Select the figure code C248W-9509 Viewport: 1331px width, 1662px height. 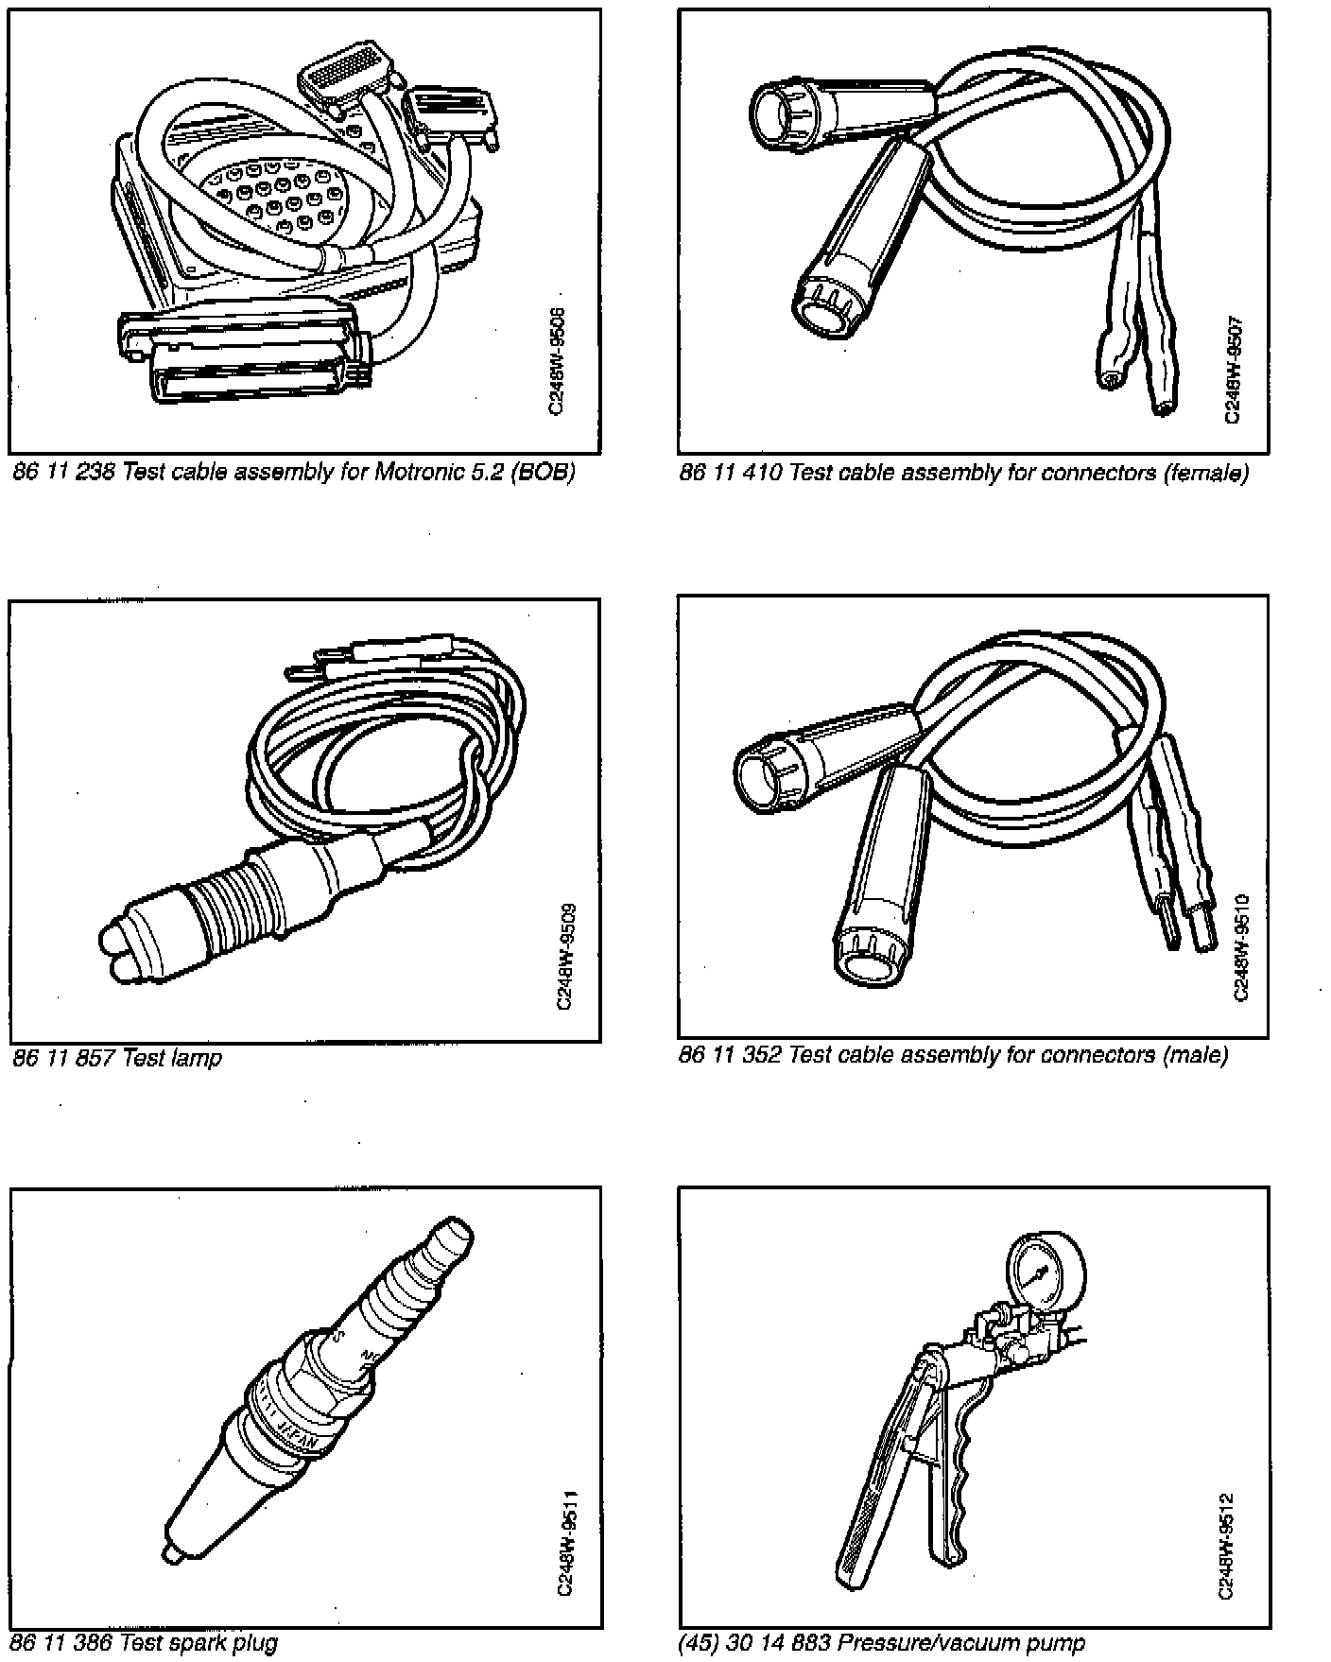565,958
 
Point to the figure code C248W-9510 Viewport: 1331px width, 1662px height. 1241,946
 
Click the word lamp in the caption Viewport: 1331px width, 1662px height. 197,1057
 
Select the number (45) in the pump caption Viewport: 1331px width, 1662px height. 699,1643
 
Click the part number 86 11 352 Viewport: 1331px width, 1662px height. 730,1054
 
